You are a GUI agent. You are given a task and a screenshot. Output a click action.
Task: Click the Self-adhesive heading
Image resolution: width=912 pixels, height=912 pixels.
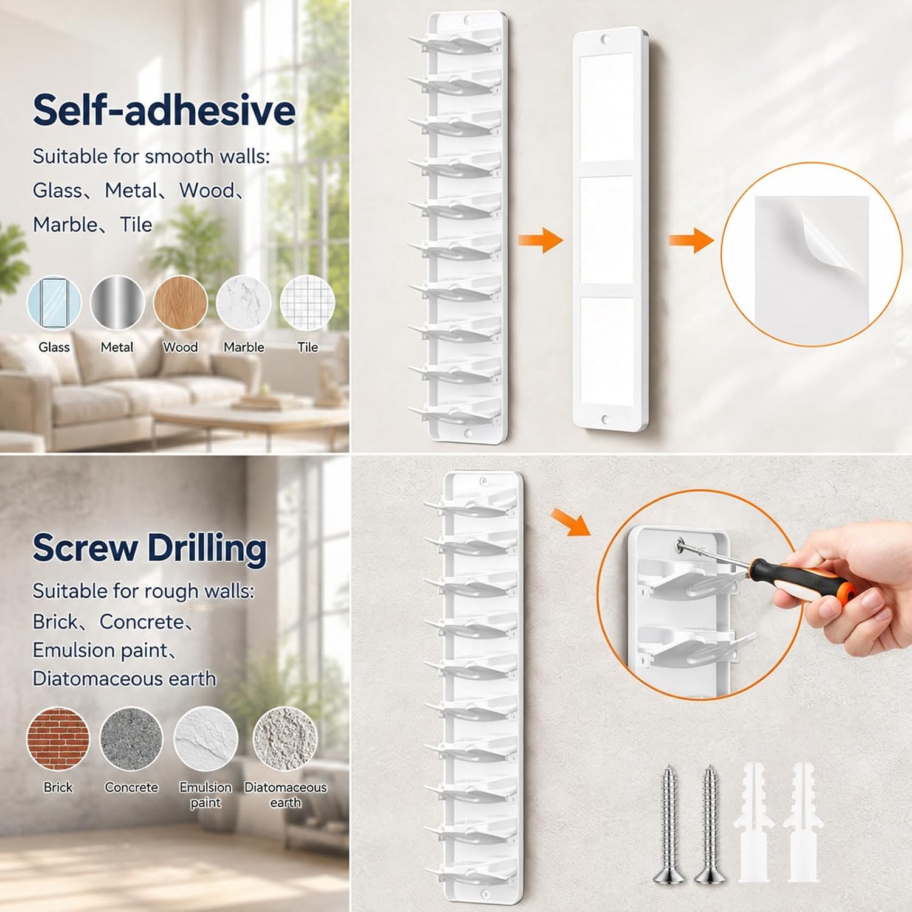tap(164, 110)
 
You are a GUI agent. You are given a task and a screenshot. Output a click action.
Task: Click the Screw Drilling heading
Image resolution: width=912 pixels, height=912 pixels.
tap(150, 548)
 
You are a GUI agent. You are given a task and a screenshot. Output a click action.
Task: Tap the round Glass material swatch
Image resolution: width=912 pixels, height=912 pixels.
tap(54, 303)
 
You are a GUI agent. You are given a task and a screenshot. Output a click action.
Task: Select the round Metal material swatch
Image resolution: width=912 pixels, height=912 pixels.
tap(117, 303)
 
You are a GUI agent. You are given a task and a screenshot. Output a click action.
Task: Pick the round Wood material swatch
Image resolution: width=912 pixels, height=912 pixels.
tap(181, 303)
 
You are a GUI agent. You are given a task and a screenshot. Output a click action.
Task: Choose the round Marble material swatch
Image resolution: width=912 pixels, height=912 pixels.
tap(244, 303)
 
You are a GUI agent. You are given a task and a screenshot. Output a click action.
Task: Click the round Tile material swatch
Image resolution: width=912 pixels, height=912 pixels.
tap(308, 303)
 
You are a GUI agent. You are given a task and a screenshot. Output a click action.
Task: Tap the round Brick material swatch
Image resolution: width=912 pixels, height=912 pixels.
tap(58, 739)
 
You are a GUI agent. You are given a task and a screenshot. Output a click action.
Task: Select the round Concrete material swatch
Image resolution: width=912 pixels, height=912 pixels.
tap(131, 739)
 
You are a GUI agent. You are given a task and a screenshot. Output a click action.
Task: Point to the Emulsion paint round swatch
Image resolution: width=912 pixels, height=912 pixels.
tap(206, 739)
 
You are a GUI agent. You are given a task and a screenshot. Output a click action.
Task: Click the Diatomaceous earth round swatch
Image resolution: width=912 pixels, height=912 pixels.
tap(285, 739)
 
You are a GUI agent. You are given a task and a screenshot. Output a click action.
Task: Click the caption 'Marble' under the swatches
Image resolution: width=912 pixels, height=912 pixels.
tap(244, 347)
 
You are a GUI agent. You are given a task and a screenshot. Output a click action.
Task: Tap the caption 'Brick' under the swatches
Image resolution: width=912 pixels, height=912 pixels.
tap(58, 787)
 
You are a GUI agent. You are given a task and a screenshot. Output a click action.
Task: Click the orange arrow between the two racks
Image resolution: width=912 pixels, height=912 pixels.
tap(540, 240)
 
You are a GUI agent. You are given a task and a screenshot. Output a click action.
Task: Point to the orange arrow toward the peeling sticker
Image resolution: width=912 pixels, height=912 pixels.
tap(691, 240)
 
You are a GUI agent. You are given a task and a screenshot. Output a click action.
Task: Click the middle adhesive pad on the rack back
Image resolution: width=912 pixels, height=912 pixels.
tap(606, 230)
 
